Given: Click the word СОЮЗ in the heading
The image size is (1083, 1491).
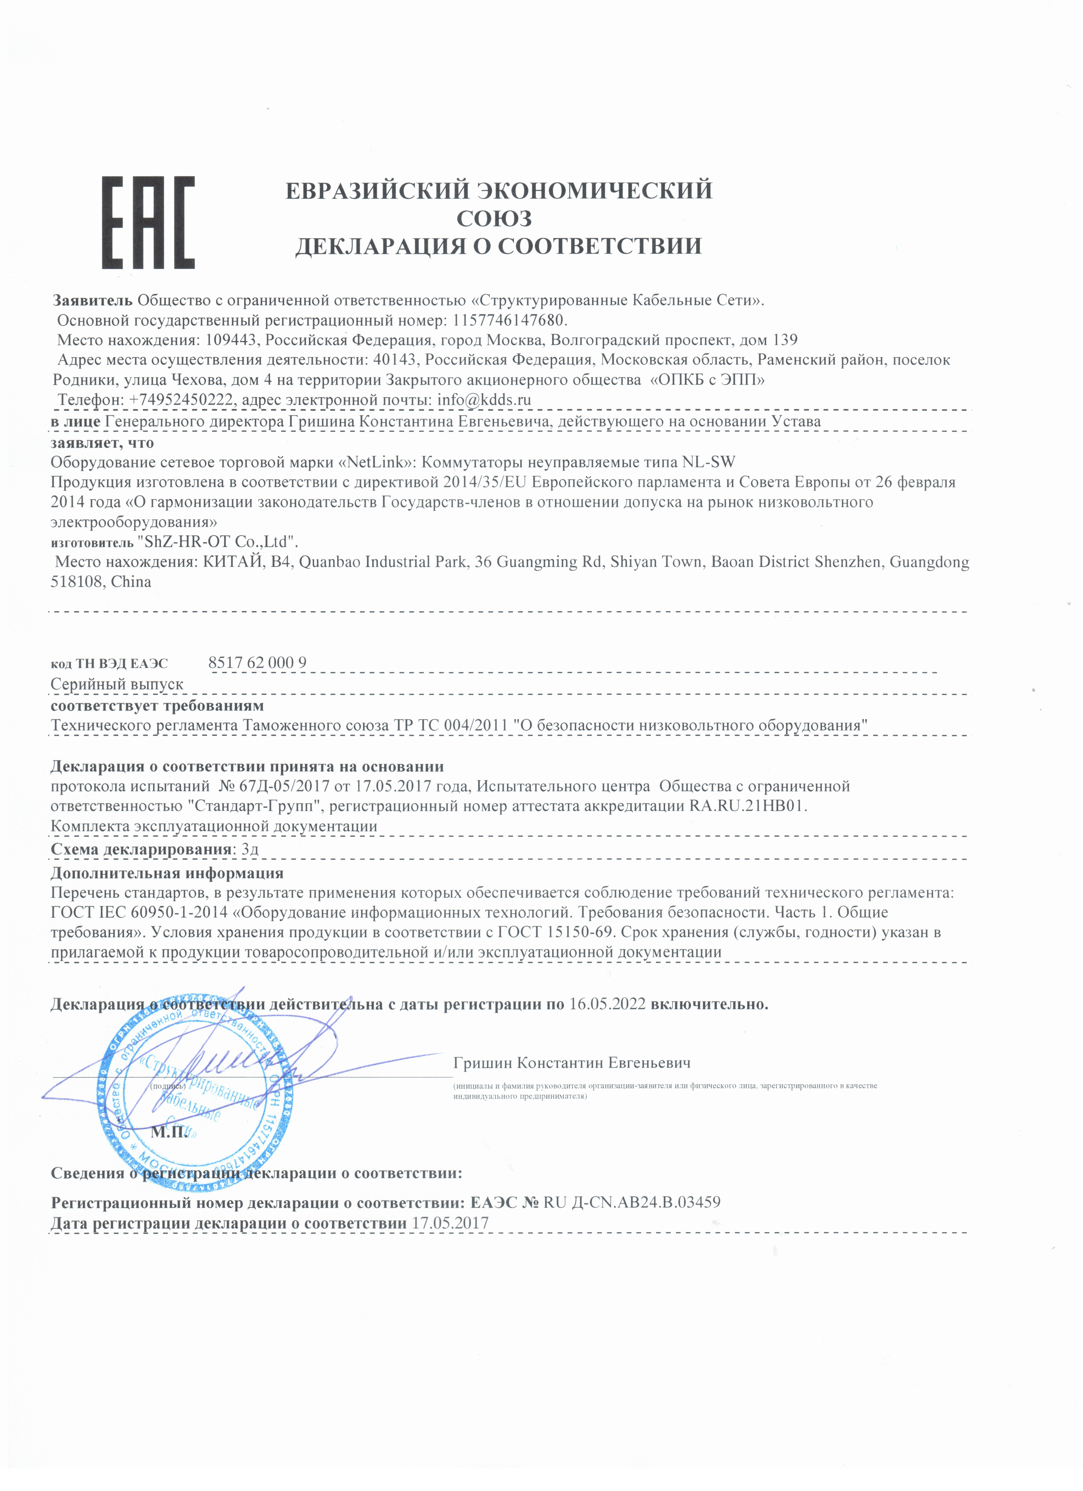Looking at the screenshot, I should (x=494, y=218).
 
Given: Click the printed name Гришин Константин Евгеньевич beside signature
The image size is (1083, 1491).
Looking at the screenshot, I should (x=572, y=1063).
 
